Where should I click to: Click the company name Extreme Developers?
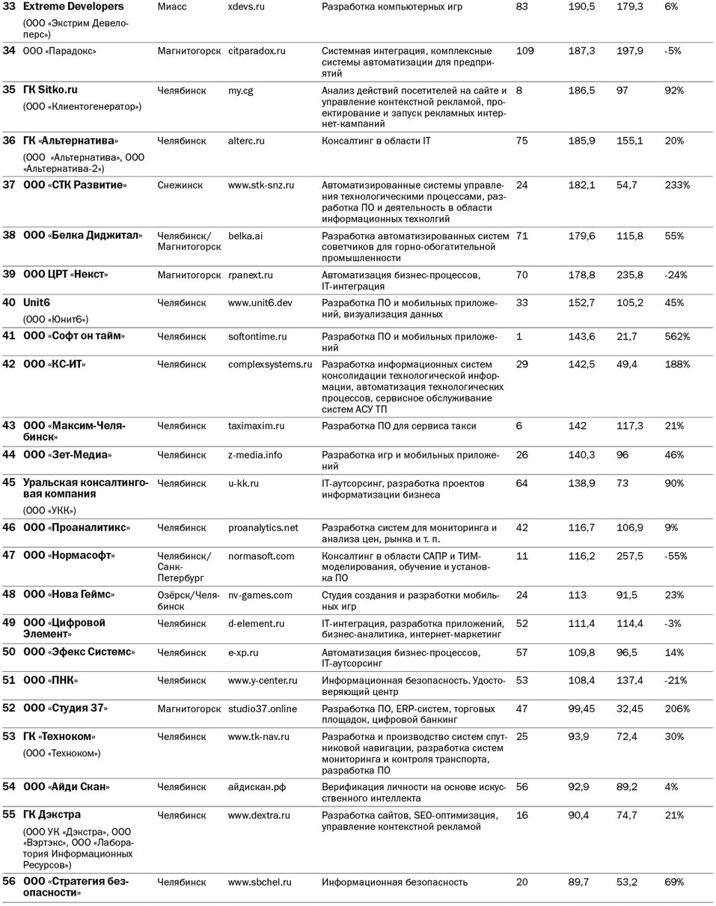click(x=73, y=7)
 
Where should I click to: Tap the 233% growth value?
click(x=677, y=186)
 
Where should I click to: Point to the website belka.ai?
click(x=245, y=236)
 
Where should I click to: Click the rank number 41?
click(x=9, y=337)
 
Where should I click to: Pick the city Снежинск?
click(x=180, y=186)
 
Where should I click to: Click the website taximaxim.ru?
click(x=256, y=426)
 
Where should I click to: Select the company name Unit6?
click(x=37, y=303)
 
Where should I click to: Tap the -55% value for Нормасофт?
click(x=676, y=557)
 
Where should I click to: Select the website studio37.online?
click(x=262, y=709)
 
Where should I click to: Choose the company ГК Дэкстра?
click(x=52, y=815)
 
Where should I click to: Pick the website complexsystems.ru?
click(x=269, y=365)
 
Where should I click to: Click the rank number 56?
click(x=9, y=882)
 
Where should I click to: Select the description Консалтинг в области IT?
click(x=376, y=141)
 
